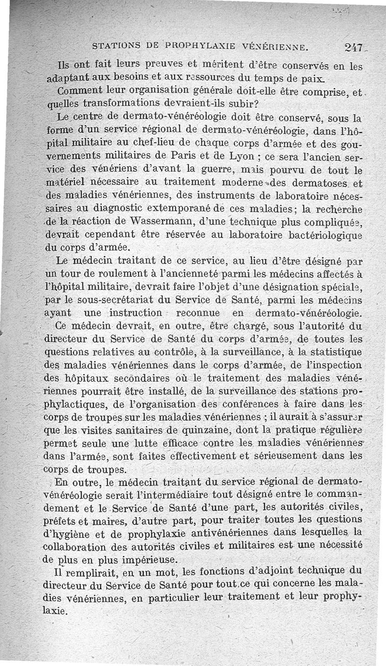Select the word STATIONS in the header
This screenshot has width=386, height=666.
coord(114,47)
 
